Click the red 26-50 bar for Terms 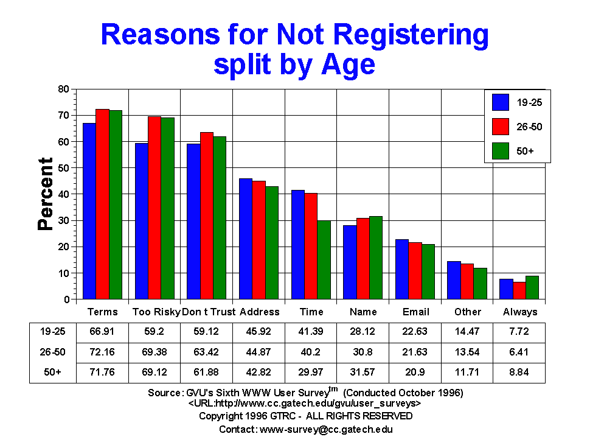[x=102, y=205]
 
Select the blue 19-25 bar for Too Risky [x=142, y=222]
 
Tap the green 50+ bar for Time [x=324, y=261]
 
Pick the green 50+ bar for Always [x=532, y=288]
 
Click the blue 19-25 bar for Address [x=246, y=239]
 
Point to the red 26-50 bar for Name [x=363, y=259]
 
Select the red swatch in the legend [x=501, y=127]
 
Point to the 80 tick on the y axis [x=63, y=89]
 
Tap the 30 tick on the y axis [x=63, y=220]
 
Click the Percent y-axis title [x=46, y=194]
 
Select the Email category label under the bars [x=416, y=312]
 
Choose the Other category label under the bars [x=468, y=312]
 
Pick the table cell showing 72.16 [x=102, y=352]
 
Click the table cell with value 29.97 [x=311, y=372]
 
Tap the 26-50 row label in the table [x=52, y=352]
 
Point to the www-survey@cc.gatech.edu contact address [x=326, y=429]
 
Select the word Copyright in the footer [x=220, y=416]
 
